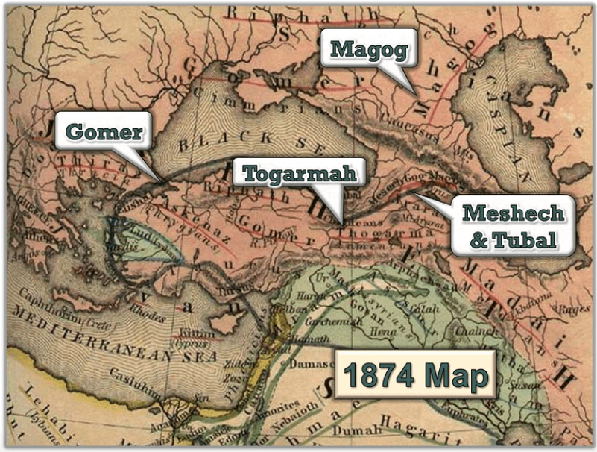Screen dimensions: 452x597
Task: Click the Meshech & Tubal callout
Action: coord(512,225)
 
